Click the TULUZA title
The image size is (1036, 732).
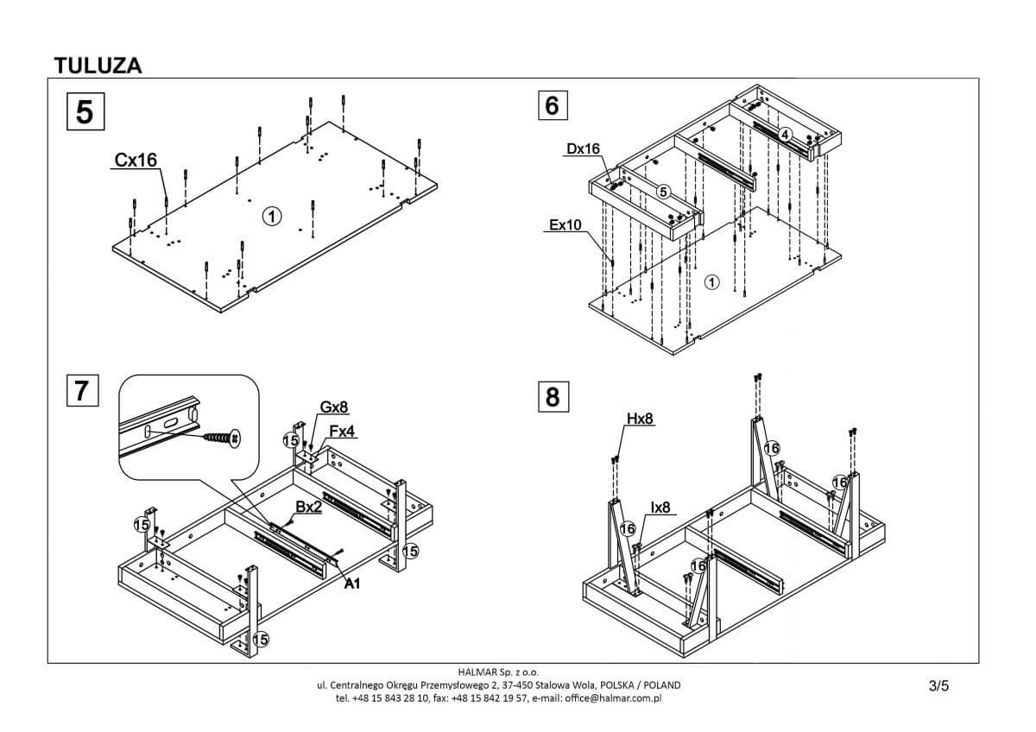coord(98,65)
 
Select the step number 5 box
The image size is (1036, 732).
coord(85,112)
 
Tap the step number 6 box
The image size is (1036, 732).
coord(553,104)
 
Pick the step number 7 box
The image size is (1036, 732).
coord(82,390)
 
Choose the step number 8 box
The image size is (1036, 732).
coord(553,396)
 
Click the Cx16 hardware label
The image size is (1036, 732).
coord(135,160)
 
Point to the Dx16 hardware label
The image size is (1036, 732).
coord(583,148)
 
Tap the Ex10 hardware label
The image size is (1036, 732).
coord(566,225)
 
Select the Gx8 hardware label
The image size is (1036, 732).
coord(335,407)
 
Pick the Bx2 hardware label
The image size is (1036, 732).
coord(308,508)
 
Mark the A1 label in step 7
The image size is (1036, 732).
coord(352,585)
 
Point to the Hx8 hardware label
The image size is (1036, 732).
coord(640,420)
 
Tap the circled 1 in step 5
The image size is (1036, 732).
coord(271,217)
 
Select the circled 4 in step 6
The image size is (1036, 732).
coord(784,134)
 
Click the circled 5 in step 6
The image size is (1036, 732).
coord(663,191)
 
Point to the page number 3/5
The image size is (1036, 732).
coord(938,687)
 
